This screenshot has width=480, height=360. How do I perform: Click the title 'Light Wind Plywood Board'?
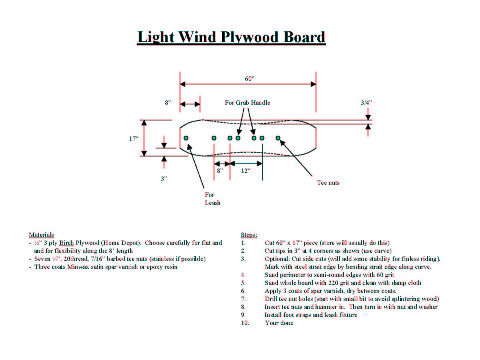click(x=231, y=37)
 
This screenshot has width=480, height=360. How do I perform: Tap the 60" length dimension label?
click(x=250, y=79)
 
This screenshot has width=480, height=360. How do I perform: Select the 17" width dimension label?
click(x=134, y=138)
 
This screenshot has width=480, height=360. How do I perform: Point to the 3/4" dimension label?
click(x=366, y=103)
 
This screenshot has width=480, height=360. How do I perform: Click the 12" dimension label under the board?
click(x=245, y=171)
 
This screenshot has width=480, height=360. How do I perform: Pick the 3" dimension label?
click(x=164, y=179)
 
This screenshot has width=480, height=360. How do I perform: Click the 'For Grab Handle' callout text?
click(x=247, y=103)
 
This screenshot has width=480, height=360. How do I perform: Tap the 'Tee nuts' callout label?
click(x=328, y=183)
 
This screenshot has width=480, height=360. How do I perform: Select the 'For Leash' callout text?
click(x=212, y=199)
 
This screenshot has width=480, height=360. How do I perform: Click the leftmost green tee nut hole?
click(x=186, y=138)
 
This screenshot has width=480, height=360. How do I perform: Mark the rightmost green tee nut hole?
click(x=278, y=138)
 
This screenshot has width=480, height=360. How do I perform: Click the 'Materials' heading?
click(x=41, y=235)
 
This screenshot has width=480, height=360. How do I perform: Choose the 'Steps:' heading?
click(x=249, y=235)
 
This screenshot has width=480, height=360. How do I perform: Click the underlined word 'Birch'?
click(x=66, y=243)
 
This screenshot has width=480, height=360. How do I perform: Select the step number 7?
click(x=243, y=299)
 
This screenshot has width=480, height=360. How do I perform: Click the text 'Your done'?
click(x=279, y=323)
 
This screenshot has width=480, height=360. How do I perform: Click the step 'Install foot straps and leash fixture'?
click(x=311, y=315)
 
